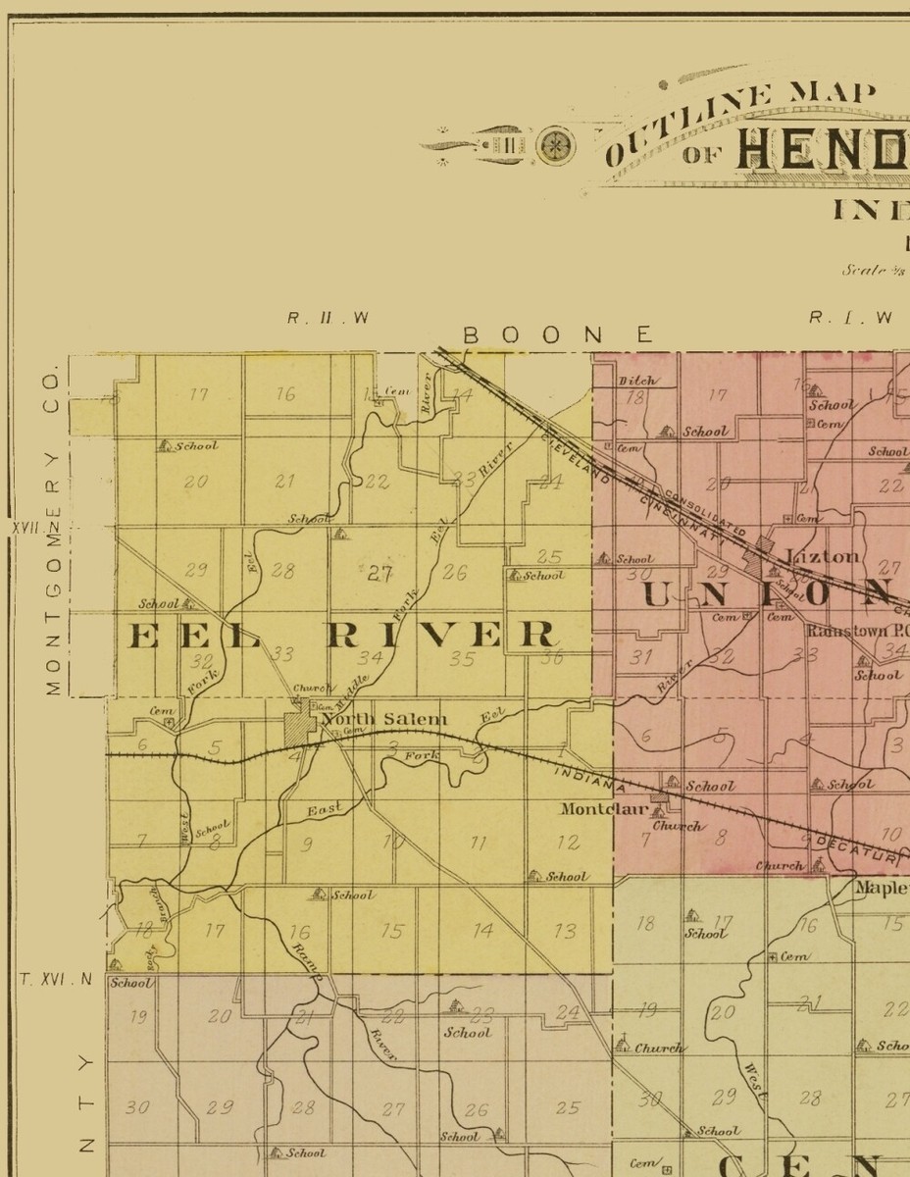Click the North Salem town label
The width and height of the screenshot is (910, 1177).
(x=384, y=720)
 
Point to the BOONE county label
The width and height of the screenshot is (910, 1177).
(x=558, y=335)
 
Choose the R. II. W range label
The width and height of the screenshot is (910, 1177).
(x=328, y=318)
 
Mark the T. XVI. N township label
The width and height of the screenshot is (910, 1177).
(x=55, y=979)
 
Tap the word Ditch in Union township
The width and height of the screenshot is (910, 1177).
(x=637, y=380)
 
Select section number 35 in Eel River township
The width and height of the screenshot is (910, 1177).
(x=462, y=659)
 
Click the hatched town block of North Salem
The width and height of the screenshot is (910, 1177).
(x=298, y=728)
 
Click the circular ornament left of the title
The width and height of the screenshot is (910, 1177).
(x=556, y=145)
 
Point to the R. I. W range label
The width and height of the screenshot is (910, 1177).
(x=850, y=318)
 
